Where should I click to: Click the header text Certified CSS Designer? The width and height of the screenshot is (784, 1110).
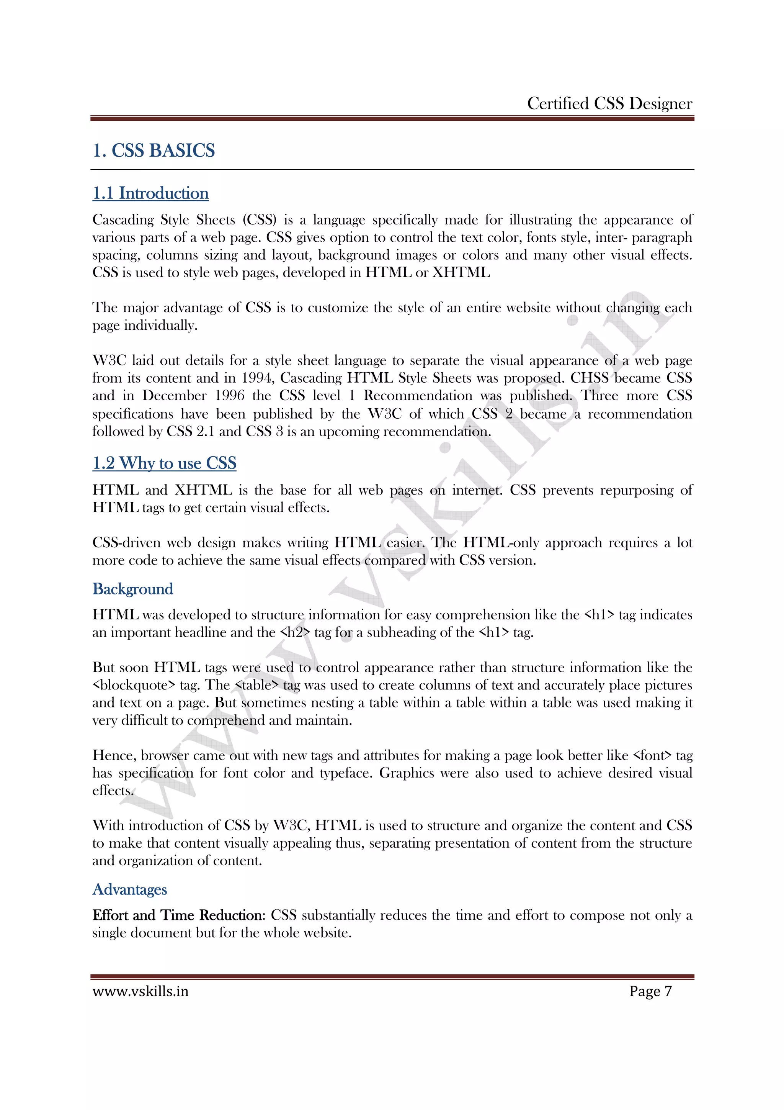[x=609, y=103]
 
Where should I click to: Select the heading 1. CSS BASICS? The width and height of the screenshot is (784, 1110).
[x=154, y=151]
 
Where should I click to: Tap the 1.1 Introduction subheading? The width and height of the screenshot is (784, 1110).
[x=150, y=193]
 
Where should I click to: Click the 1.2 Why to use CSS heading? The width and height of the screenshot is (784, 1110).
[x=164, y=463]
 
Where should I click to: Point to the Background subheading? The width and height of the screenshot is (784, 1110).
[x=133, y=589]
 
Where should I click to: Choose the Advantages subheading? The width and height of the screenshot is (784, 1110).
[x=129, y=889]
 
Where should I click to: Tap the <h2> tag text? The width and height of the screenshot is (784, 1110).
[x=295, y=633]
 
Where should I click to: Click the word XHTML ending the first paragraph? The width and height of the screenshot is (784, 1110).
[x=461, y=273]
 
